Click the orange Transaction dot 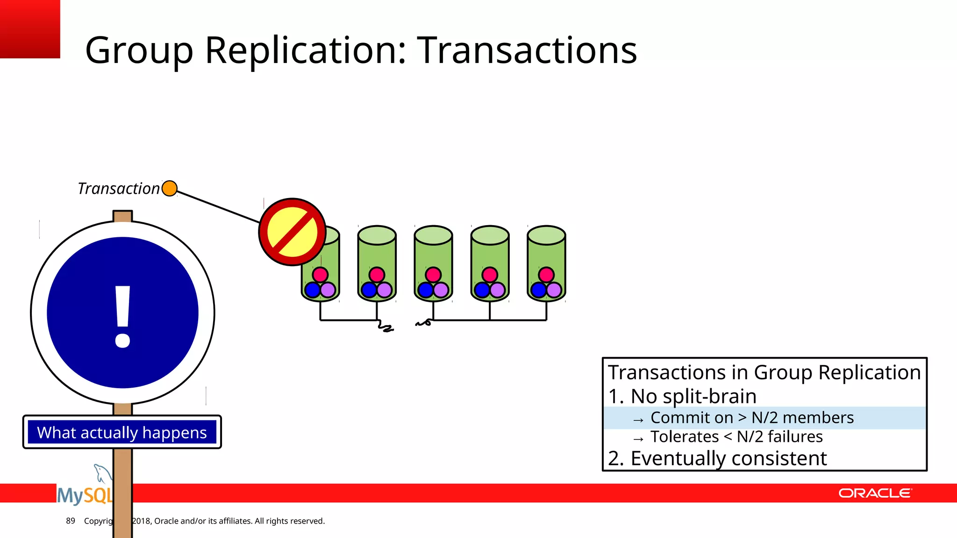[169, 188]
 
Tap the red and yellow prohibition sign [293, 232]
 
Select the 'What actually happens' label [122, 432]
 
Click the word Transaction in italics [119, 189]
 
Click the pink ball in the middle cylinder [433, 275]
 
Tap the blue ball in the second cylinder [369, 290]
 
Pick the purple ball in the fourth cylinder [498, 290]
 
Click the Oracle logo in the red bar [875, 493]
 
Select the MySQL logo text [85, 495]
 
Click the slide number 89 [71, 521]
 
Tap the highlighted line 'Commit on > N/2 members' [751, 418]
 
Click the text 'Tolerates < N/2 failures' [736, 437]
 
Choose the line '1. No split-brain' [682, 396]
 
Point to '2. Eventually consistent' [717, 458]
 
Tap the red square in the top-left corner [30, 29]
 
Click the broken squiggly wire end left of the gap [386, 327]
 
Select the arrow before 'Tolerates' [638, 439]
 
